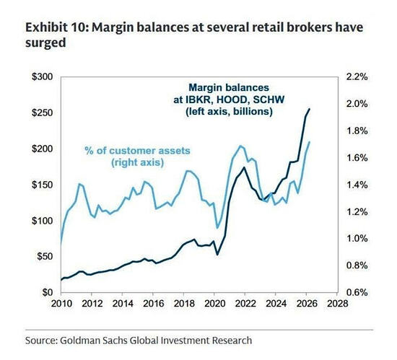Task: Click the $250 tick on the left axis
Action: coord(42,113)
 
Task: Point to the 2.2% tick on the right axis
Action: coord(357,76)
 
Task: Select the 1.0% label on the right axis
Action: coord(357,238)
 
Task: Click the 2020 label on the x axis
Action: coord(214,303)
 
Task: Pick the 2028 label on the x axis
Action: coord(337,303)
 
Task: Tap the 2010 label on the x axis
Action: coord(61,303)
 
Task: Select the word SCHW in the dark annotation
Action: coord(269,100)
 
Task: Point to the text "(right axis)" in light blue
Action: coord(137,162)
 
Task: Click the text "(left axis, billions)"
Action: coord(229,111)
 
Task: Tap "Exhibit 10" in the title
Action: coord(56,27)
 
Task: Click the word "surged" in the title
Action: coord(45,43)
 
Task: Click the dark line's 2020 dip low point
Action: coord(217,254)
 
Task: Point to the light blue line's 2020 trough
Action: coord(217,228)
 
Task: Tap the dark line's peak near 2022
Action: coord(244,167)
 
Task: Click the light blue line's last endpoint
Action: coord(310,142)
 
